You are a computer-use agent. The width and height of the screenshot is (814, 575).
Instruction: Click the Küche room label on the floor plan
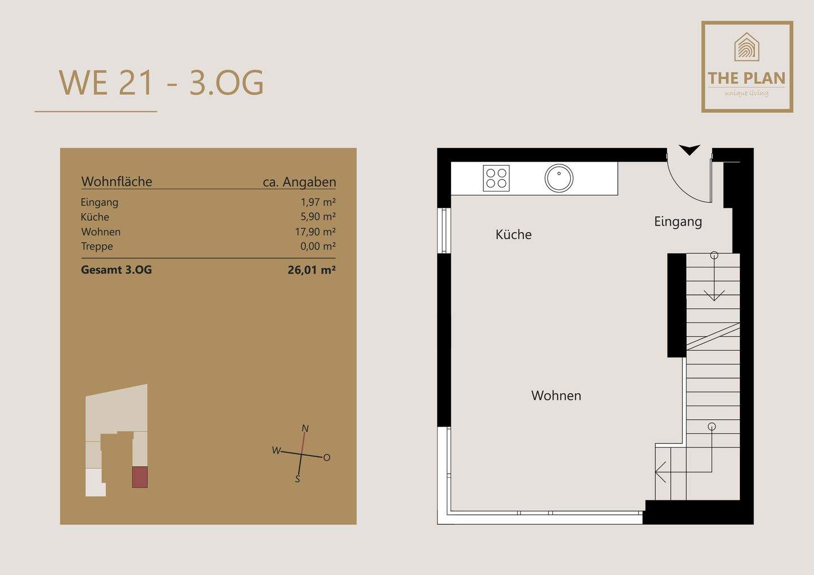click(x=513, y=234)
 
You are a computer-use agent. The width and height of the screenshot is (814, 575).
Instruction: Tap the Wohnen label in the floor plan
click(x=556, y=396)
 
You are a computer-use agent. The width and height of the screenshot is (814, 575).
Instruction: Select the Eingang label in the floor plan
click(x=678, y=222)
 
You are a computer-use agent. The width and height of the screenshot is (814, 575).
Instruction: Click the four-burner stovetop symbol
click(x=496, y=178)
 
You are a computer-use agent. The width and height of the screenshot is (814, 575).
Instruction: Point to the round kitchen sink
click(x=559, y=178)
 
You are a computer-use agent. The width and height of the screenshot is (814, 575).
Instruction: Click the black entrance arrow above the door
click(x=690, y=150)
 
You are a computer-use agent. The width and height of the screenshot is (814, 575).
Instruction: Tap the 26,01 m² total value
click(x=311, y=270)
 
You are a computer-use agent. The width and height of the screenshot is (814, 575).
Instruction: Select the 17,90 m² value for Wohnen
click(x=315, y=231)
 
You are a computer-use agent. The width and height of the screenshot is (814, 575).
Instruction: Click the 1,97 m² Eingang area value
click(x=318, y=202)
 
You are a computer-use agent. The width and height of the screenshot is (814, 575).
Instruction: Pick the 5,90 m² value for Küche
click(x=318, y=216)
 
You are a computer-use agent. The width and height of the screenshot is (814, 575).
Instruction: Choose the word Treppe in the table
click(x=97, y=246)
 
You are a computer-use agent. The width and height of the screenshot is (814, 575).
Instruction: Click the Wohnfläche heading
click(x=116, y=181)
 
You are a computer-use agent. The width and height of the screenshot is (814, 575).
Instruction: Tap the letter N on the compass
click(x=305, y=429)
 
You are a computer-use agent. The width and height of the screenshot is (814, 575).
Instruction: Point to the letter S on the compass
click(x=297, y=479)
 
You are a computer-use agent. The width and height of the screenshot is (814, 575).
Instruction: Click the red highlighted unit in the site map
click(x=140, y=477)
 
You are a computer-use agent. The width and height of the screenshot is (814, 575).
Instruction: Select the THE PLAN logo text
click(x=746, y=78)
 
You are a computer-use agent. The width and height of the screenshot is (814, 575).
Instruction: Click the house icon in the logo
click(x=746, y=47)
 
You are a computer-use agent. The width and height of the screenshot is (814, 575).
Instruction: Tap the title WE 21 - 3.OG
click(x=161, y=83)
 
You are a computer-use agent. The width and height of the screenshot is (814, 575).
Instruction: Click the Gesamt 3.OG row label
click(x=116, y=270)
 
